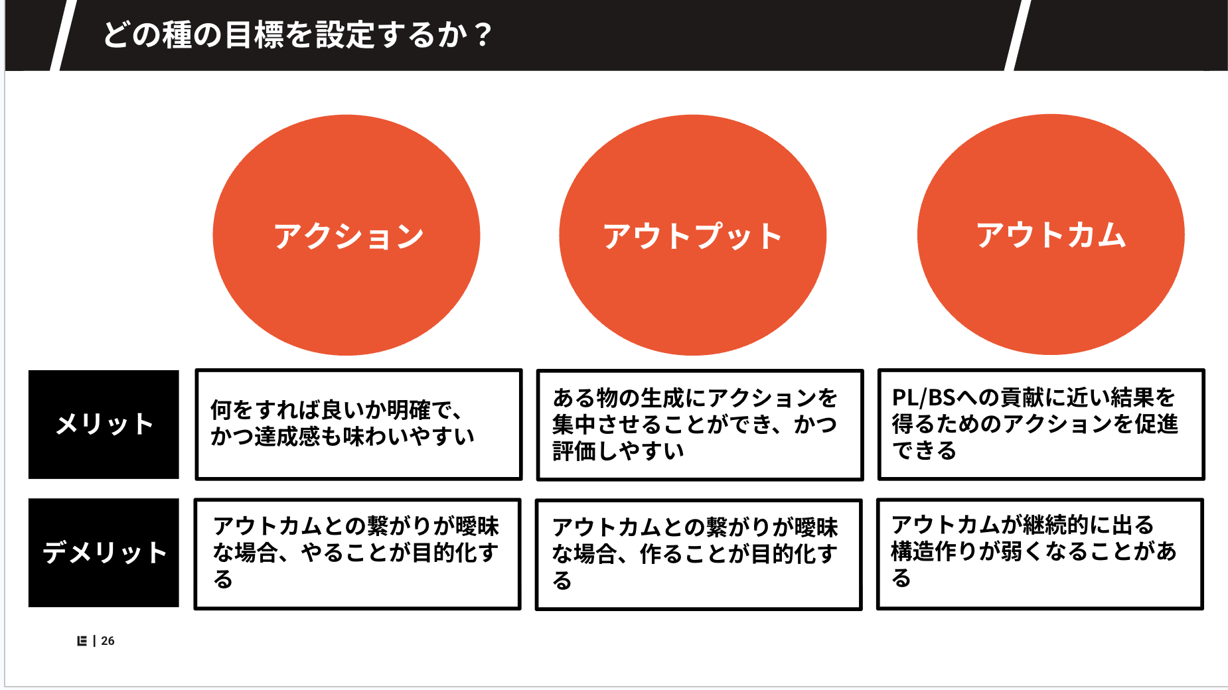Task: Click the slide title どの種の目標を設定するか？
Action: [297, 34]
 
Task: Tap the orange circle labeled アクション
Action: [346, 235]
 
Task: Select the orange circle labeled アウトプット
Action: [693, 235]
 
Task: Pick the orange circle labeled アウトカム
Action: [1051, 234]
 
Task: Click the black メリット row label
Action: [104, 425]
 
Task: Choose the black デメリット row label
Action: [104, 553]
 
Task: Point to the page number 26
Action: [108, 641]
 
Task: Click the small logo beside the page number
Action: [82, 641]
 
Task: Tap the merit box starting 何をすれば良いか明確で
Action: [358, 425]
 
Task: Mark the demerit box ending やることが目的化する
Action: [357, 554]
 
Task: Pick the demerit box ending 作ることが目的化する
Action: [698, 555]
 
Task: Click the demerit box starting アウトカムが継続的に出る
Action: [1039, 554]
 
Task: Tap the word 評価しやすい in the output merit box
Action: [618, 451]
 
